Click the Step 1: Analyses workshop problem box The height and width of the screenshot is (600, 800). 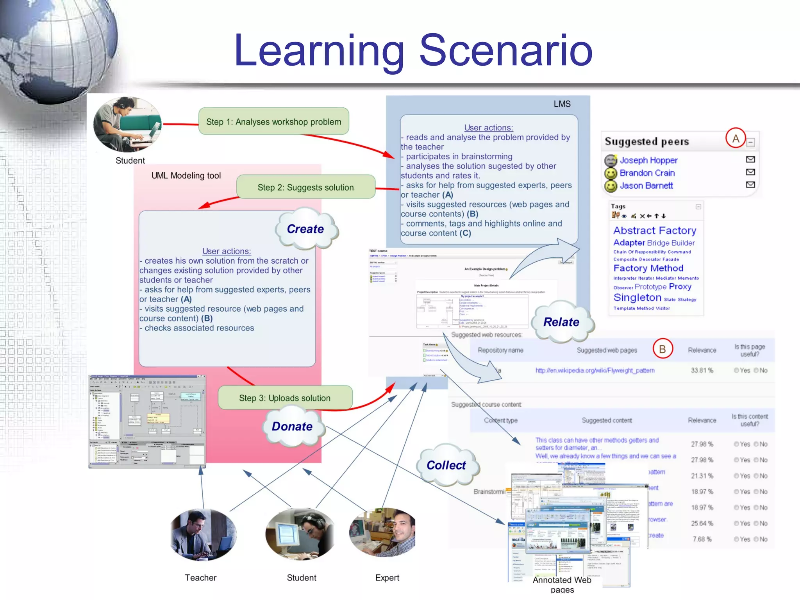point(273,121)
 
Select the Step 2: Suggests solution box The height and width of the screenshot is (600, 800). point(305,187)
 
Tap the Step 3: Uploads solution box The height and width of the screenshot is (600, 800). point(285,398)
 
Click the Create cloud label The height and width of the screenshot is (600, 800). point(305,229)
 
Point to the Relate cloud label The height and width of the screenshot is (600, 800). point(561,322)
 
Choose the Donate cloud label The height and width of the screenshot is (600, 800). point(292,426)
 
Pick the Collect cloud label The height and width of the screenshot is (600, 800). point(446,465)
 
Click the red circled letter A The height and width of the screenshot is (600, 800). point(736,138)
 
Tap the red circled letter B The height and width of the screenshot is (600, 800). point(662,349)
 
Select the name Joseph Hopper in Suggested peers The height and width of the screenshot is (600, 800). point(648,160)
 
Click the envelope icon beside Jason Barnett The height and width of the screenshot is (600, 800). point(750,184)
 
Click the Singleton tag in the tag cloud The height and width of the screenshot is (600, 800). point(637,298)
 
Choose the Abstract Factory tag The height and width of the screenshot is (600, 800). point(655,230)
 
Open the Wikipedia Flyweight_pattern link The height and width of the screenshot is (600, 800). point(595,370)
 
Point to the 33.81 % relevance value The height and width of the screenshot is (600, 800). point(702,370)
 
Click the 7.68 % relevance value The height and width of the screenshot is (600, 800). point(702,539)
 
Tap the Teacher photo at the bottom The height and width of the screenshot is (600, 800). point(203,534)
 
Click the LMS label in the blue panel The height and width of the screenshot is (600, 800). point(562,104)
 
